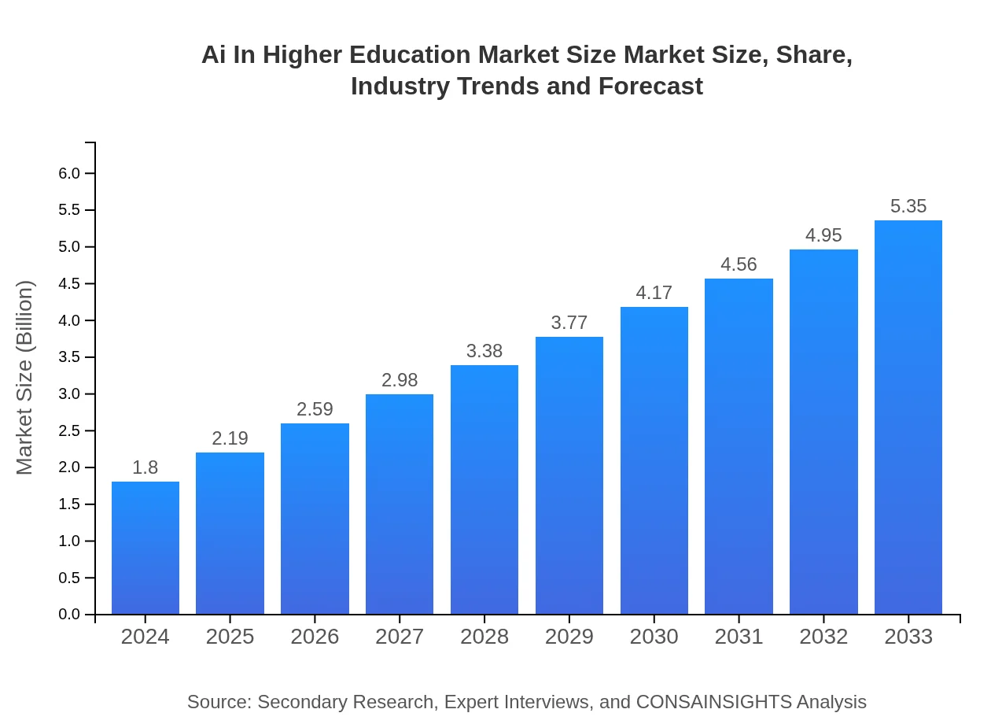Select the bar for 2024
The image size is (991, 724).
(x=146, y=548)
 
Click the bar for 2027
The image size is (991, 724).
(x=400, y=504)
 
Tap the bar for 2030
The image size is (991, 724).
(x=654, y=460)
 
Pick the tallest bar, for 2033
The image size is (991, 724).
(x=908, y=417)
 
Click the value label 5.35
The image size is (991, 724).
(x=908, y=206)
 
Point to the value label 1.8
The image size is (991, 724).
(x=145, y=467)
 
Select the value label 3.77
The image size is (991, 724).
(x=569, y=323)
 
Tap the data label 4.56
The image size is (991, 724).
(x=739, y=264)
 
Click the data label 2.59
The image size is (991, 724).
(x=315, y=409)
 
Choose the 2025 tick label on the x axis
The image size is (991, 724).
(x=230, y=637)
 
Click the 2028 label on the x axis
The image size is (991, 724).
(x=484, y=637)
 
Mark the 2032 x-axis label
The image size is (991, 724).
(x=823, y=637)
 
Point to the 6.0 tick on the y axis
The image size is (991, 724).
(x=70, y=173)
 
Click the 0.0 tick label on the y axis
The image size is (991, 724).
(x=70, y=615)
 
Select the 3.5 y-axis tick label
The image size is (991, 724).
(x=70, y=357)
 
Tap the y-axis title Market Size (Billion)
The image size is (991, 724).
(x=25, y=378)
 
